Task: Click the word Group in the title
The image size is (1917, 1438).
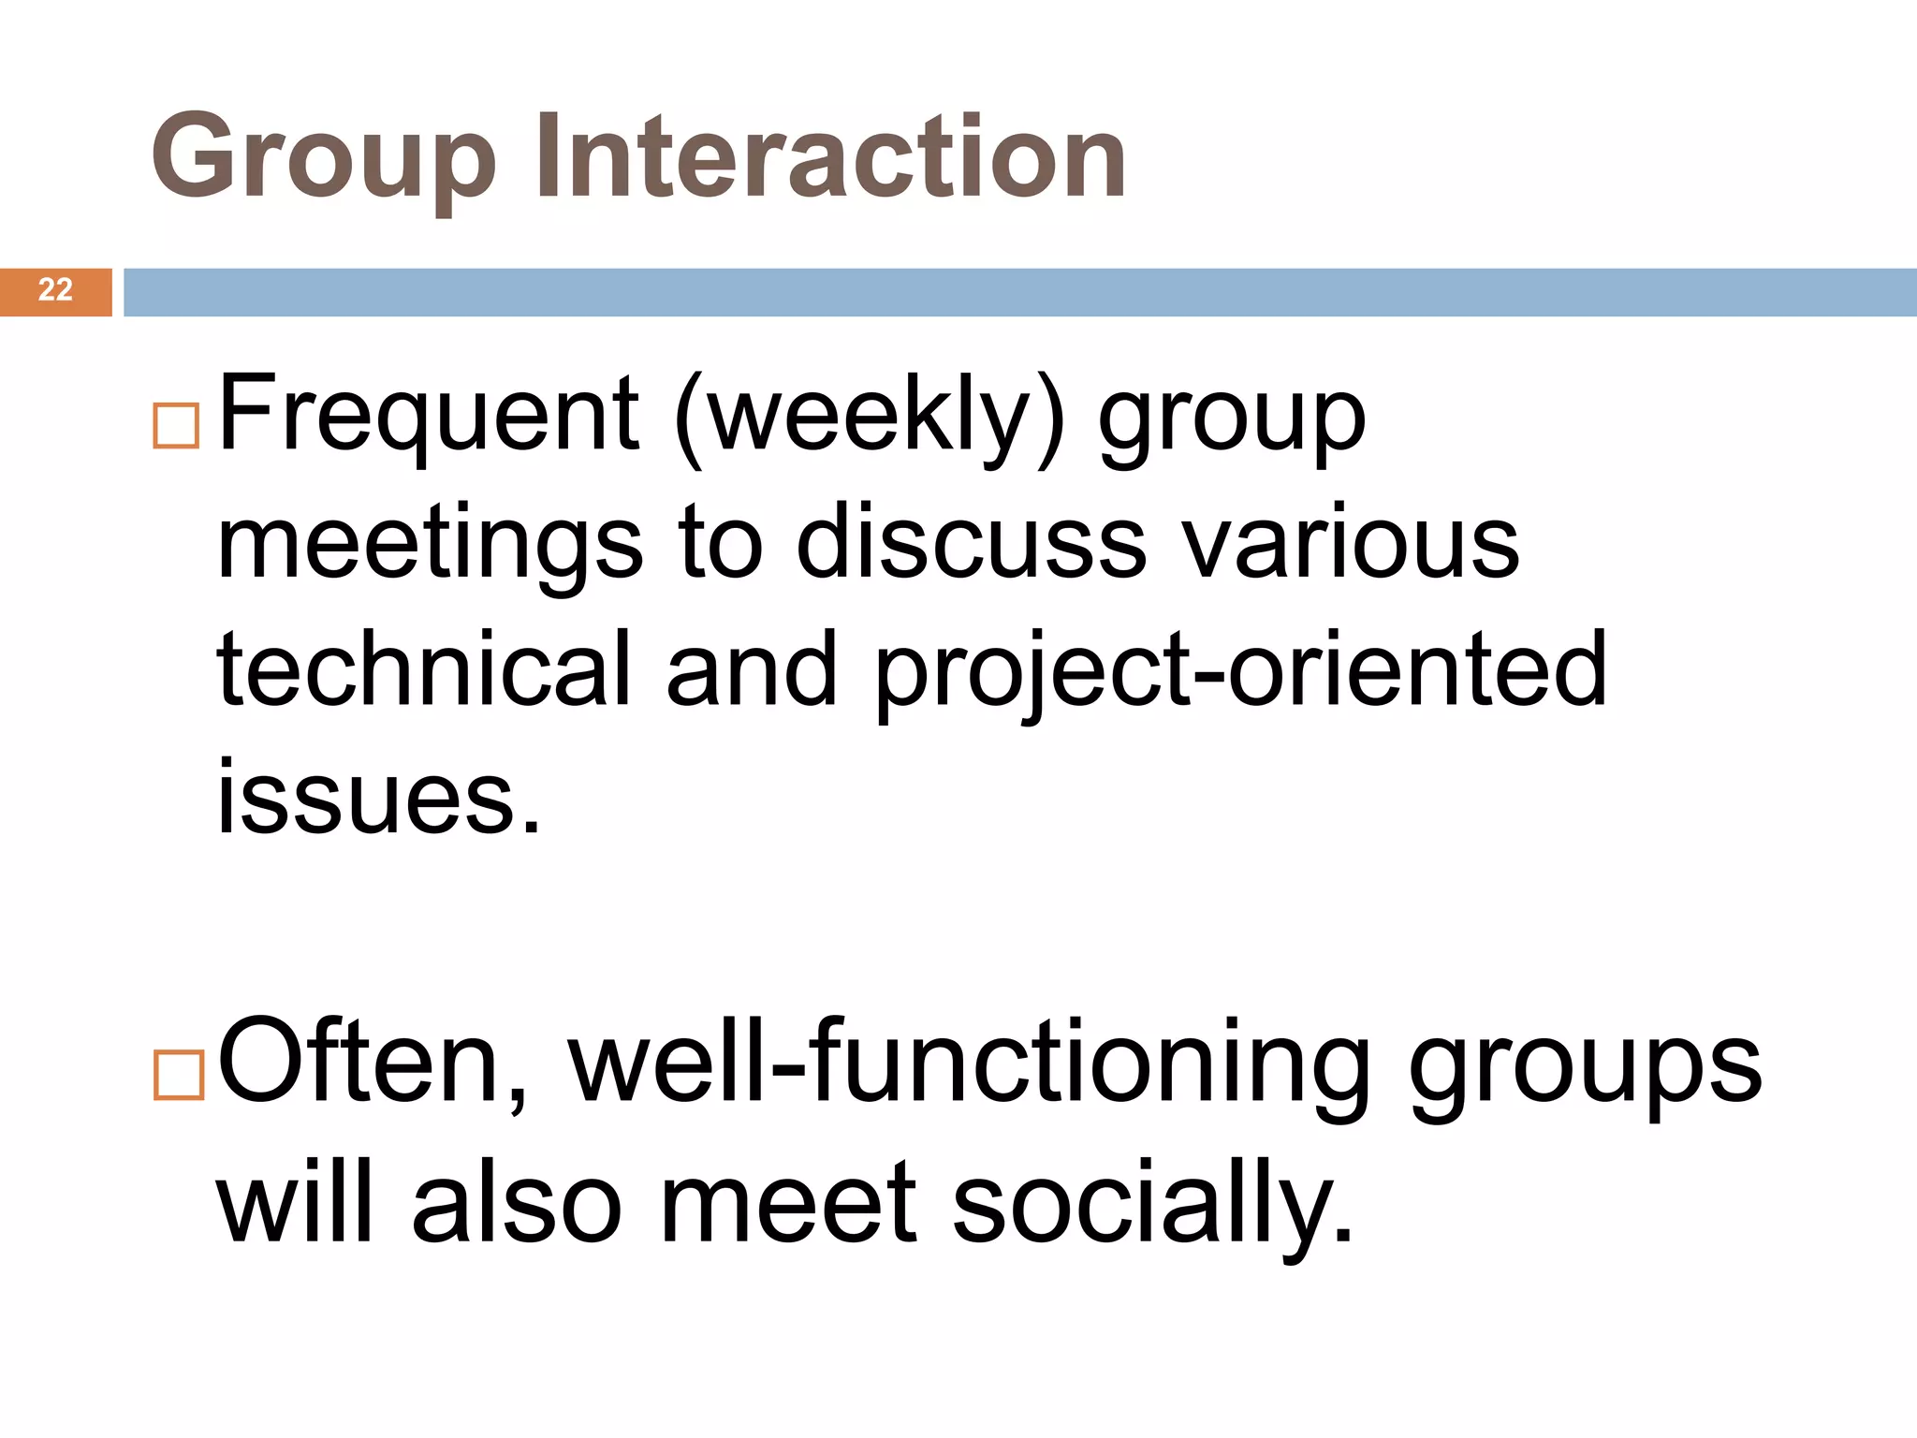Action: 323,159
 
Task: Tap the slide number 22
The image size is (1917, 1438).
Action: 55,290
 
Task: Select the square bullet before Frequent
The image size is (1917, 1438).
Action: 176,426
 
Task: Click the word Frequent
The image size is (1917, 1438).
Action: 428,415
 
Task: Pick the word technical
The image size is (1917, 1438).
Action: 424,668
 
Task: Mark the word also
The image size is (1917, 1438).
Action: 516,1202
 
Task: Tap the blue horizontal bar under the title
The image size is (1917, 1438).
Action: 1019,292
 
